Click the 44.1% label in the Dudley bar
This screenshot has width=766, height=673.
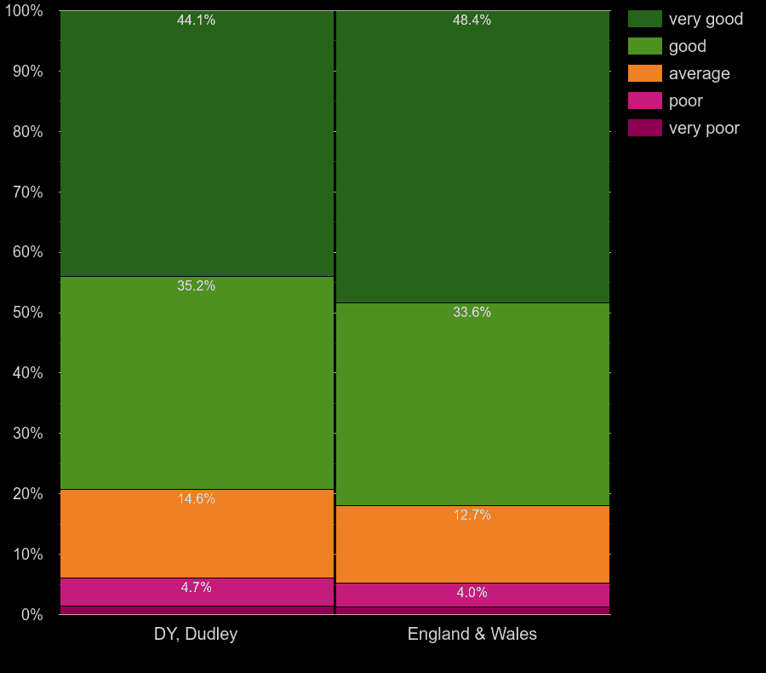(196, 20)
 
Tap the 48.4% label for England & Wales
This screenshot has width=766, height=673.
(472, 20)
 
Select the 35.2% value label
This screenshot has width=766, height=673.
(196, 286)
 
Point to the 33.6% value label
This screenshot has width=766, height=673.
(472, 313)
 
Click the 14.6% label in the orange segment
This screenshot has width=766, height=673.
(196, 499)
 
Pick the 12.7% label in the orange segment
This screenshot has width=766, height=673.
(472, 515)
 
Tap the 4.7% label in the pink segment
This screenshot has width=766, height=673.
(196, 588)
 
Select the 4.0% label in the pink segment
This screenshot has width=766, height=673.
(472, 593)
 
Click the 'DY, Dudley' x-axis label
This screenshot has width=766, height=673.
(196, 634)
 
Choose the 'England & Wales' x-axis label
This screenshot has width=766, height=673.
(472, 634)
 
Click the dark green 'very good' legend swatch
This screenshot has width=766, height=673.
(644, 19)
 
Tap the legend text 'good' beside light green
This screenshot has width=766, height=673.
(687, 46)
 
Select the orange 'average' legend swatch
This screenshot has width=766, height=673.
(644, 73)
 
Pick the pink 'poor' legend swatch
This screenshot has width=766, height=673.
(644, 101)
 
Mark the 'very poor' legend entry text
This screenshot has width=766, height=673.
(704, 128)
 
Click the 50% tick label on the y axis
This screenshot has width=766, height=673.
(27, 313)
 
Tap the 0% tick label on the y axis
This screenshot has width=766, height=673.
(31, 614)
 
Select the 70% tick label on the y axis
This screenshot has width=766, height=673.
(27, 193)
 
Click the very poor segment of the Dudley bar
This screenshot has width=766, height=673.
(196, 610)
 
